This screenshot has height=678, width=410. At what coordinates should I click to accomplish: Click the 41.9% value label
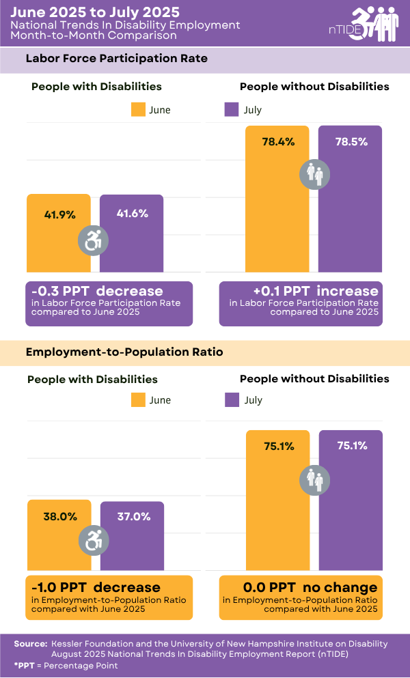coord(59,214)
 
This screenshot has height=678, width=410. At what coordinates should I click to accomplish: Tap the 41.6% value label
coord(132,213)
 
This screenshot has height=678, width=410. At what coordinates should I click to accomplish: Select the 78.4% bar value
coord(278,142)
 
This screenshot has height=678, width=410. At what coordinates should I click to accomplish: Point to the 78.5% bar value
coord(351,142)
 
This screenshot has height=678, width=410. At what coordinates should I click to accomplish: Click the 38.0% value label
coord(59,517)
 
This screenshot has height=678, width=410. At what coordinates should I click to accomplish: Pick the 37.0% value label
coord(133,517)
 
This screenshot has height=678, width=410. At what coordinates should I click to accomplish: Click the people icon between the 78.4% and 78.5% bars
coord(315,174)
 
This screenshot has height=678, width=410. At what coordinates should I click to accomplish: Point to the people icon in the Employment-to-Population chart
coord(315,479)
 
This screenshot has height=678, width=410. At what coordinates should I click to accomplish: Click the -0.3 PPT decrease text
coord(96,291)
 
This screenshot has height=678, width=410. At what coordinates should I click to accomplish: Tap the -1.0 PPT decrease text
coord(96,587)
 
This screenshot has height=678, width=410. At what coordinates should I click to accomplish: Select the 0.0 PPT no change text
coord(310,587)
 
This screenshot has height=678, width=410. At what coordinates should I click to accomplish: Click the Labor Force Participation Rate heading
coord(116,59)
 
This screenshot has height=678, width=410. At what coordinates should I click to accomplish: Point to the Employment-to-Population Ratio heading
coord(124,352)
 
